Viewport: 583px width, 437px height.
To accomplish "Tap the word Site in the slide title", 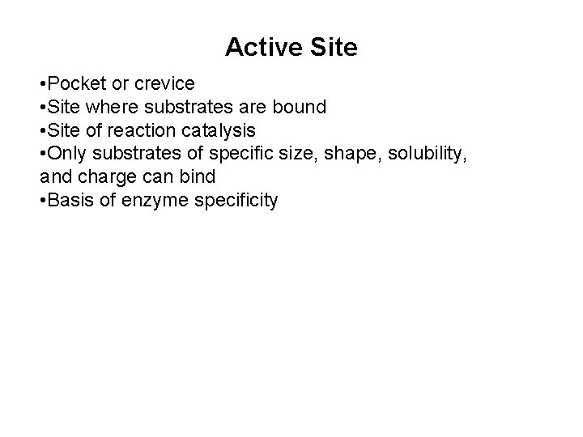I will click(331, 48).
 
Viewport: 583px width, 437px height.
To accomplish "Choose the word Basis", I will click(72, 200).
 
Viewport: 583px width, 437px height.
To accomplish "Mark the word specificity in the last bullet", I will click(237, 200).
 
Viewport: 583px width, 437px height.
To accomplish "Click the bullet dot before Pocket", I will click(41, 84).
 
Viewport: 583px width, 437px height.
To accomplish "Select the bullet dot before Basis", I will click(41, 201).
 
